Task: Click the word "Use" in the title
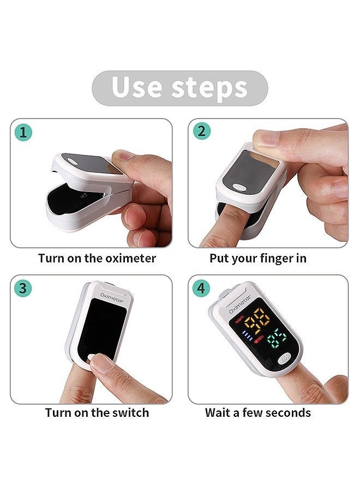point(136,87)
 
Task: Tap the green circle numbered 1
point(23,133)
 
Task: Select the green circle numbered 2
point(201,131)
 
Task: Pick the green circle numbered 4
point(201,288)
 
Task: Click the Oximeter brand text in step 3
point(111,297)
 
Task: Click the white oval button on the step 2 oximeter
point(240,187)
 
